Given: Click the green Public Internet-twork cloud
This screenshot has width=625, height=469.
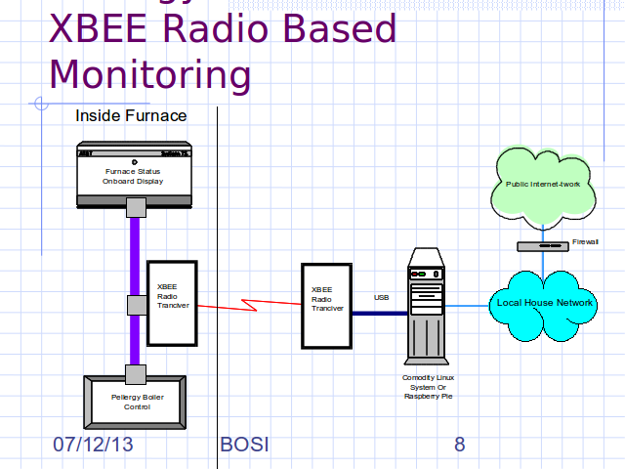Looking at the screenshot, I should tap(544, 185).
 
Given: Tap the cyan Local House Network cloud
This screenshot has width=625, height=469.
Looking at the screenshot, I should tap(544, 303).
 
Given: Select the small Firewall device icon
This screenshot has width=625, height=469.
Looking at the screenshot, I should tap(541, 246).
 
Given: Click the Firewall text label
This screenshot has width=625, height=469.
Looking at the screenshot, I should tap(585, 241).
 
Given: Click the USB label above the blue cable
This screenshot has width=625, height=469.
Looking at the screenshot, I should tap(381, 297).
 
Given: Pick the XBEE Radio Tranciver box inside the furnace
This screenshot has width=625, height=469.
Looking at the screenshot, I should tap(172, 303).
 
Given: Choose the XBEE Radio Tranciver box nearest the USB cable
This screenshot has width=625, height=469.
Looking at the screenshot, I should tap(326, 304).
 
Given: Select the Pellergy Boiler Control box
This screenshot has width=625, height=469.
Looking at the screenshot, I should tap(137, 401).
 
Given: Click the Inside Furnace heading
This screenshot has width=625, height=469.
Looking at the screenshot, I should tap(131, 116).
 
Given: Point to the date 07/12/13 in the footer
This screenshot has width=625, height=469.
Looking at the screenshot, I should tap(93, 446).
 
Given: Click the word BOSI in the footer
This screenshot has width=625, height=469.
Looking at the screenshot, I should tap(244, 446).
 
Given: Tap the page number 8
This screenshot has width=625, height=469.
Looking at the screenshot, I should tap(460, 446).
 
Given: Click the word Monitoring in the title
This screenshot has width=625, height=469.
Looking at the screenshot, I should tap(149, 74).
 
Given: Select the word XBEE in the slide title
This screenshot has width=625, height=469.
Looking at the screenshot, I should tap(99, 29).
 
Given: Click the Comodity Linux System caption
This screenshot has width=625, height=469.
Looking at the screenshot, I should tap(429, 387).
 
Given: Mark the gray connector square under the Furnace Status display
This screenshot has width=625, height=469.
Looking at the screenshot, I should tap(136, 207).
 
